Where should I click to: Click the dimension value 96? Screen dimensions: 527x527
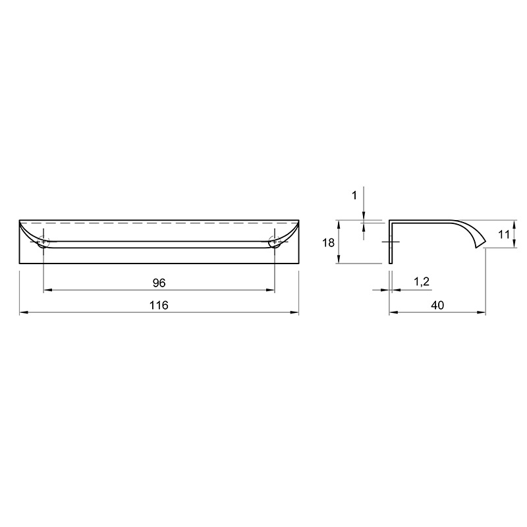(159, 283)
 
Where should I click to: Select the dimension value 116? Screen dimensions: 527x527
(159, 305)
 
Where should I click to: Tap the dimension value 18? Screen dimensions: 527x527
(328, 242)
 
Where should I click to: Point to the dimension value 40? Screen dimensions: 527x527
(437, 305)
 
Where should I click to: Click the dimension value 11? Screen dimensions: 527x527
(503, 235)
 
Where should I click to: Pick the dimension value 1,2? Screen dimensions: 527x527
(422, 282)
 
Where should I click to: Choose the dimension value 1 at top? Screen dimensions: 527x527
(354, 195)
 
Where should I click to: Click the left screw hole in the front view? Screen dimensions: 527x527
(43, 241)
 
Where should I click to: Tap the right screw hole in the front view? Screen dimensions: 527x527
(275, 241)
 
